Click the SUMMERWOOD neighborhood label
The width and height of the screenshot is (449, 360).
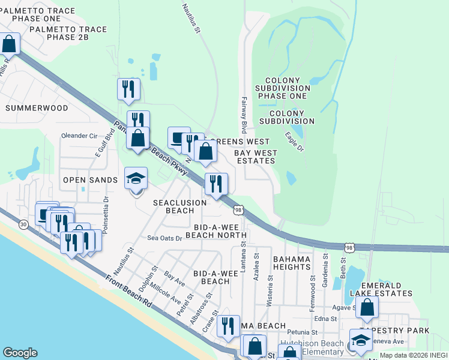[37, 108]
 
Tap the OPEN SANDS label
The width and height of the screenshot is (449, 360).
[91, 180]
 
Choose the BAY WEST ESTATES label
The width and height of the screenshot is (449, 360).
[256, 157]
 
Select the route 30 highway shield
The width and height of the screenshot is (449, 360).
[23, 224]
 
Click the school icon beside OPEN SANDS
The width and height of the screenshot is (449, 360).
[136, 179]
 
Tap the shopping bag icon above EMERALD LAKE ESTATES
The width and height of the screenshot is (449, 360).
[367, 308]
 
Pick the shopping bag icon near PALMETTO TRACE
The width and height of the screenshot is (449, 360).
[9, 44]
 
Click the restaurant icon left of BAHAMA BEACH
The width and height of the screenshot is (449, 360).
[228, 326]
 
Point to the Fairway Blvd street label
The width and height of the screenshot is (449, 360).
[244, 115]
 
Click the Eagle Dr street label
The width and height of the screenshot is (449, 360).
[294, 142]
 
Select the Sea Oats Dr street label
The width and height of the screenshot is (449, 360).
[164, 238]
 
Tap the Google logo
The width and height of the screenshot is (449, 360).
[20, 353]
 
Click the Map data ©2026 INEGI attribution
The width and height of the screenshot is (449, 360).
[413, 355]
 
